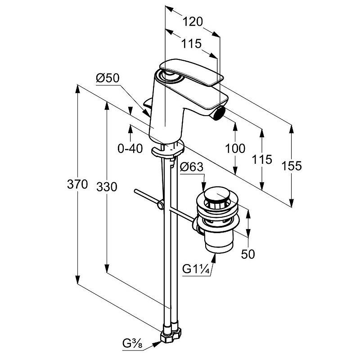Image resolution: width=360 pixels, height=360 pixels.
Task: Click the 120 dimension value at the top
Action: [x=193, y=21]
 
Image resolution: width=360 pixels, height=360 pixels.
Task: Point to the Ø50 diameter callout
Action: [x=107, y=78]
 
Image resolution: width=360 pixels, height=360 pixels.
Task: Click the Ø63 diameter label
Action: [x=192, y=167]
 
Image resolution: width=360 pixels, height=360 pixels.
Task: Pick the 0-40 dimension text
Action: [x=130, y=148]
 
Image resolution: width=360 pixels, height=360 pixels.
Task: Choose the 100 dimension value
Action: [x=235, y=148]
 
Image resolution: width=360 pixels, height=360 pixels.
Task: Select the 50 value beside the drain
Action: [x=247, y=254]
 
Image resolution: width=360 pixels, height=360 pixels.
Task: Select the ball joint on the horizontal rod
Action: [x=160, y=207]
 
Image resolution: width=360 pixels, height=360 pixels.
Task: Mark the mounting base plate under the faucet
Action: [x=168, y=150]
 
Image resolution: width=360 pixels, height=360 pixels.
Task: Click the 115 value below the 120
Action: [x=191, y=44]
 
